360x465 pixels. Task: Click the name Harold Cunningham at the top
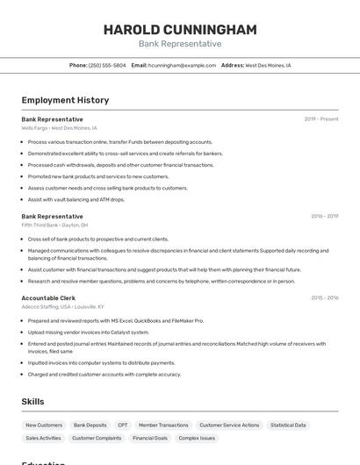click(x=180, y=30)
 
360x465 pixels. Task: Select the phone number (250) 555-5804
click(x=107, y=65)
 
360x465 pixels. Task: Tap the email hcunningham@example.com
click(x=182, y=65)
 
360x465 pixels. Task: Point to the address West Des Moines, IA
click(x=268, y=65)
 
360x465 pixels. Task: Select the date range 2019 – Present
click(x=321, y=119)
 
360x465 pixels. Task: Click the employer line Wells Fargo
click(x=59, y=128)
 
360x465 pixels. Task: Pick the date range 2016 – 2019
click(x=324, y=216)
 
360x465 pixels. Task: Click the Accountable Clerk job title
click(x=48, y=298)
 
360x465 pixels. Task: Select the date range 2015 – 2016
click(x=324, y=298)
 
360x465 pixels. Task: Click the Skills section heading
click(x=33, y=402)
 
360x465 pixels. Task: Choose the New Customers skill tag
click(x=44, y=425)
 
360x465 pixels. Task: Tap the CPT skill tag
click(x=123, y=425)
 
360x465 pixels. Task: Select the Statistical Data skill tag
click(x=288, y=425)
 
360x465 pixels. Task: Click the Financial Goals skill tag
click(x=150, y=438)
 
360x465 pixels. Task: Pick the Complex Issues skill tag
click(x=197, y=438)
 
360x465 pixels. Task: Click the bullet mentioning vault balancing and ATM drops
click(x=76, y=199)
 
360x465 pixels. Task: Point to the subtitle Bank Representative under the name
click(x=180, y=44)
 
